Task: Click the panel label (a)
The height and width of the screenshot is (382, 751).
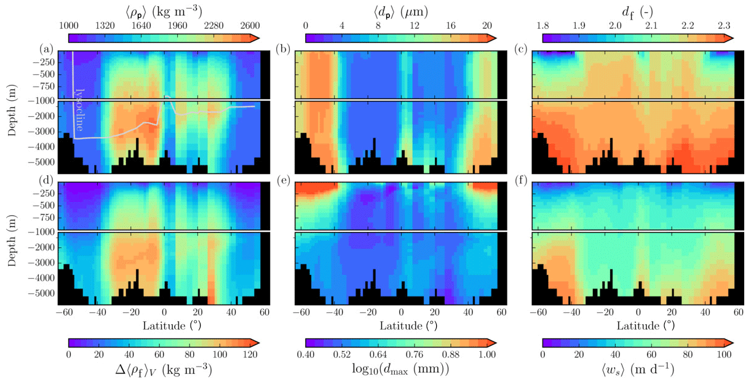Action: tap(46, 49)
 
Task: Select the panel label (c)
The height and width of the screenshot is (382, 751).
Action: tap(520, 49)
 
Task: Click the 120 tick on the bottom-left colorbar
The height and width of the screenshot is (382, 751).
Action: tap(249, 354)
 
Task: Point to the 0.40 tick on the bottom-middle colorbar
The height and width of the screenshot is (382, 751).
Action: tap(306, 354)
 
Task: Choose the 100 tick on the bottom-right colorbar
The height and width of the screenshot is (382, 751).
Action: tap(723, 354)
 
